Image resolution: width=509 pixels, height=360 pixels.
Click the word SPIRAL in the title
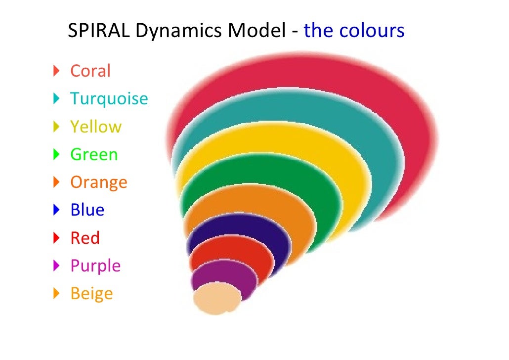(99, 32)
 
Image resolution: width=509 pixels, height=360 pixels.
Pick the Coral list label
(90, 71)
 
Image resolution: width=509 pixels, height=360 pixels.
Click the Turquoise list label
(109, 98)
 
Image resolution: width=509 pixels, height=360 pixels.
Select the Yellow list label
(95, 127)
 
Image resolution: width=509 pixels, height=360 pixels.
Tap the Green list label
(94, 154)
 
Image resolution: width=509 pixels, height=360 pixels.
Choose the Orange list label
(99, 182)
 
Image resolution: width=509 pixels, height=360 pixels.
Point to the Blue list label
(87, 210)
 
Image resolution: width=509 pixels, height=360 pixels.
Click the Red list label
(85, 238)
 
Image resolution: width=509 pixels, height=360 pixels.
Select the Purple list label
(95, 266)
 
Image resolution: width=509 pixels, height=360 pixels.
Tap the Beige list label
(91, 294)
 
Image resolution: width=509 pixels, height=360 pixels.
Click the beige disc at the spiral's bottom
(216, 298)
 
